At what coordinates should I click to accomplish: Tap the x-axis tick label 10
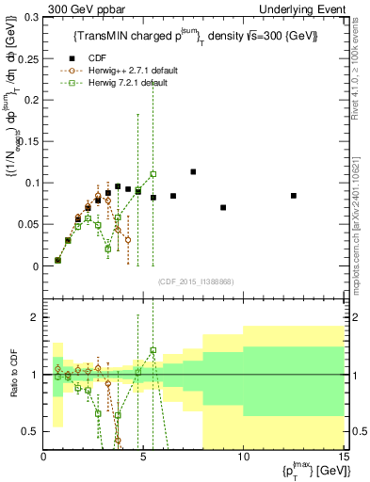tap(243, 458)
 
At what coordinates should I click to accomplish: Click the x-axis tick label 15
tap(342, 458)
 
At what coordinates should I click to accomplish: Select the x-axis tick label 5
tap(143, 458)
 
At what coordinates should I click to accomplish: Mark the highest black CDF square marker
tap(193, 171)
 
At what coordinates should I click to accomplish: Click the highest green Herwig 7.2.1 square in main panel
tap(153, 174)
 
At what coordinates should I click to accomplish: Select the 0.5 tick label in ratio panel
tap(31, 431)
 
